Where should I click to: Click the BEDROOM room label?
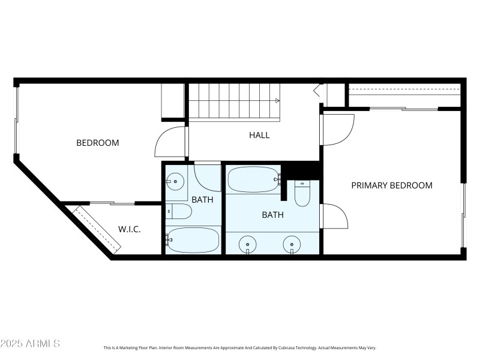[97, 143]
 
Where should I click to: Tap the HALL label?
[259, 135]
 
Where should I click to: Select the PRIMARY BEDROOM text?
[391, 185]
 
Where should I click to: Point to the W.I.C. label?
[130, 229]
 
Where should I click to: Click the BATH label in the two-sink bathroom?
[272, 214]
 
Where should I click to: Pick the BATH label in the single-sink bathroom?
[202, 200]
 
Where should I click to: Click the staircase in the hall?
[234, 101]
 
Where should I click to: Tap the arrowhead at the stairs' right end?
[277, 101]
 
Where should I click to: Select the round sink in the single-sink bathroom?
[175, 180]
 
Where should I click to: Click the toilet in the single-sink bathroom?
[179, 211]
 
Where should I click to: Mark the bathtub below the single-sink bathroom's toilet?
[193, 240]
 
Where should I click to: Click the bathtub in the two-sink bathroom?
[253, 179]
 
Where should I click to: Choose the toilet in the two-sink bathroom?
[302, 193]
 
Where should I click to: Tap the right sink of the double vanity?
[292, 244]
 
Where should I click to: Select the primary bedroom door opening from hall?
[337, 130]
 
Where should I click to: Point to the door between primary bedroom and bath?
[334, 216]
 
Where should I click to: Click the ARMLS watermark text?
[30, 343]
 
